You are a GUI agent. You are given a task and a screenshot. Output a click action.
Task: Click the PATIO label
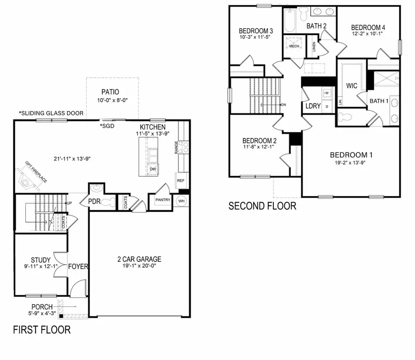pos(112,92)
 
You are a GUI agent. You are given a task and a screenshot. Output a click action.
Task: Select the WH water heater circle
pos(181,200)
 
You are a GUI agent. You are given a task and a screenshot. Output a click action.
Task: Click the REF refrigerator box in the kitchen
pos(180,180)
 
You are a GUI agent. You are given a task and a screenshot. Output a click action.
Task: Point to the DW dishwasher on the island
pos(152,169)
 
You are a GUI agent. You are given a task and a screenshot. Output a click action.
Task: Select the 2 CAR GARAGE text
pos(139,259)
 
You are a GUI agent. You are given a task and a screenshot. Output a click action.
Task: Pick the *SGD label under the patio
pos(107,126)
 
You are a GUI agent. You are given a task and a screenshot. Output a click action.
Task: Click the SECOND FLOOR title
pos(262,206)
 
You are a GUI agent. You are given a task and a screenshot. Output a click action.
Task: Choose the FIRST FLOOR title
pos(41,330)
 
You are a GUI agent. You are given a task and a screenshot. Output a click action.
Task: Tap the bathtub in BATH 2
pos(289,20)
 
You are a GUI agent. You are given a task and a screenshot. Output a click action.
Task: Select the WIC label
pos(352,86)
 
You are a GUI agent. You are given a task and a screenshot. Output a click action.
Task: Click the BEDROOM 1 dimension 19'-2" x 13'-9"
pos(351,162)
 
